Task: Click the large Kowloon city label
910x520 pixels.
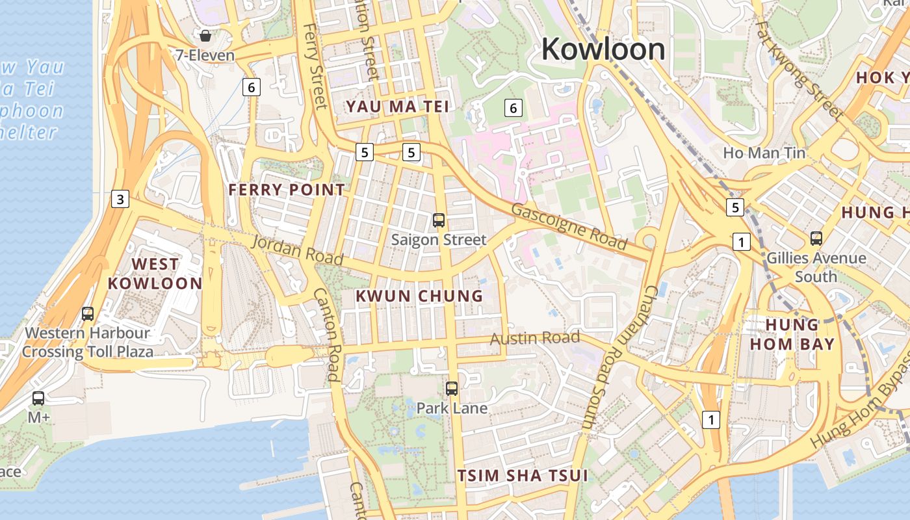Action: (x=603, y=49)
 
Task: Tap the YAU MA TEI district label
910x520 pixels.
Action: (x=397, y=107)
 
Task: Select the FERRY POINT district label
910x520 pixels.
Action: (x=287, y=190)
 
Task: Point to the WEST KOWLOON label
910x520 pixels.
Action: (x=155, y=274)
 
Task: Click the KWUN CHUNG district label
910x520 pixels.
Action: (x=419, y=296)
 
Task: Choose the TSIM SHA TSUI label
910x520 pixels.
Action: (x=522, y=475)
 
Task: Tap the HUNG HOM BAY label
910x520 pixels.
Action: (x=792, y=334)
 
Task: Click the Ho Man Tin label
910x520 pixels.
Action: (x=764, y=153)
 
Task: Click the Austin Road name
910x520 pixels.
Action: (x=534, y=338)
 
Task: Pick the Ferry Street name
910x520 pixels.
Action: (x=315, y=66)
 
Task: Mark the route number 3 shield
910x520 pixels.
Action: (x=120, y=199)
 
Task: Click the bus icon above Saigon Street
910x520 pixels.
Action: (x=439, y=220)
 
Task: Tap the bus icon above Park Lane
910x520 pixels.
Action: (x=452, y=389)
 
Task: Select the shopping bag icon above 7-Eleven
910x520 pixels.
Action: (x=205, y=36)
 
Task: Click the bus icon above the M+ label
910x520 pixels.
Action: (x=38, y=398)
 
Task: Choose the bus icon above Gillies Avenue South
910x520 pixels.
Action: (x=816, y=239)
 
